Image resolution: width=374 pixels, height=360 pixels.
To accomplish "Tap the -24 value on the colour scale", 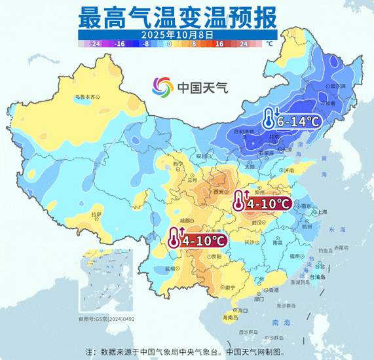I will point(95,44).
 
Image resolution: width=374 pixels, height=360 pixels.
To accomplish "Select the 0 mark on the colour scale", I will point(170,44).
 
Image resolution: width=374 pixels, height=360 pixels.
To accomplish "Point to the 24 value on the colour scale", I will point(244,44).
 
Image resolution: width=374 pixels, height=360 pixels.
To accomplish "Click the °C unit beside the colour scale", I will point(269,44).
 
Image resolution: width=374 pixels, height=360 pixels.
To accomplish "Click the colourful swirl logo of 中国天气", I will point(163,86).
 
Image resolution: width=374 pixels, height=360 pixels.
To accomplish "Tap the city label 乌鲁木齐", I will point(84,97).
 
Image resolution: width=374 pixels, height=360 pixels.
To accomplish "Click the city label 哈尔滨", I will point(337,86).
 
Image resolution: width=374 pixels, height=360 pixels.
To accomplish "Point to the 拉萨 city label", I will point(96,214).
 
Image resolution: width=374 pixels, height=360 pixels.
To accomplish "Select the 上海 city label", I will point(322,212).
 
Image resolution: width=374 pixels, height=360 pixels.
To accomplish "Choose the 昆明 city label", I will point(171,268).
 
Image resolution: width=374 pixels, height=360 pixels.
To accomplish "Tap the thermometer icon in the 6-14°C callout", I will point(269,119).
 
